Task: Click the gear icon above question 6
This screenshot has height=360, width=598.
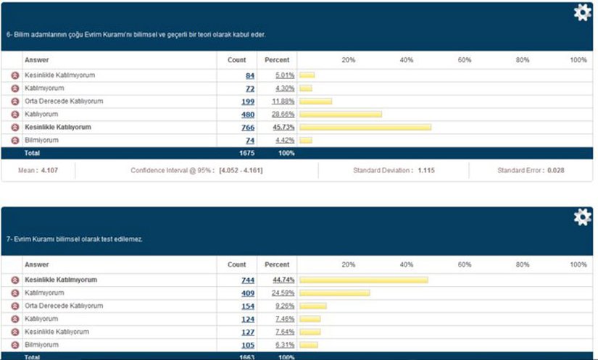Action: click(582, 13)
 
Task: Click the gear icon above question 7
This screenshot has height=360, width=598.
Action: click(582, 217)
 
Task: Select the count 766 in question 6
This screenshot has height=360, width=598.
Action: click(248, 127)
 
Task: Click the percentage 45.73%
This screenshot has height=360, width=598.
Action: click(283, 127)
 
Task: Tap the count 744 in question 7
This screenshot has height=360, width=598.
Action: click(248, 280)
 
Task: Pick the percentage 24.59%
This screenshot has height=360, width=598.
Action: click(283, 293)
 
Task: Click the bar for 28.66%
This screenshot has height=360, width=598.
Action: click(341, 114)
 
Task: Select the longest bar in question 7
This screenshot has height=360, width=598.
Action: click(364, 280)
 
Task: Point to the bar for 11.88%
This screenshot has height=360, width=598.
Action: click(316, 101)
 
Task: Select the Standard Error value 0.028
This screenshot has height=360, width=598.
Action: click(555, 170)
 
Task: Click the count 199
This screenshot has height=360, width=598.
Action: click(248, 101)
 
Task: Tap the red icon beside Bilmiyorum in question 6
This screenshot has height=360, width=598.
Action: click(14, 141)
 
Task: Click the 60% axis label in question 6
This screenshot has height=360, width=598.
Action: click(465, 60)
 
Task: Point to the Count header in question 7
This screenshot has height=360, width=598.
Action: click(237, 264)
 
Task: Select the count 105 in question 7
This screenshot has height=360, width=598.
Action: click(248, 345)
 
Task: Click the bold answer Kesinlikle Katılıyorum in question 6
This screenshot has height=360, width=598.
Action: click(57, 127)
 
